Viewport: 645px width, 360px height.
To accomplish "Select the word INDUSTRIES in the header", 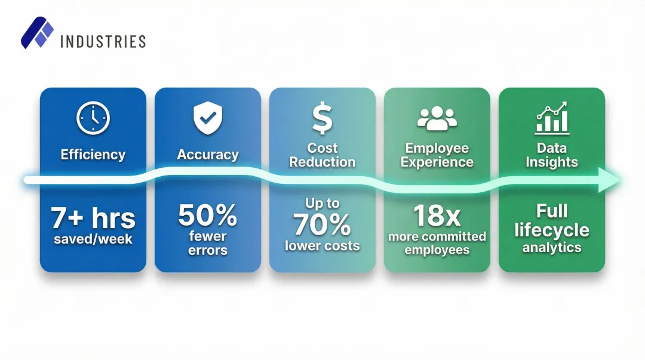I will [x=103, y=41].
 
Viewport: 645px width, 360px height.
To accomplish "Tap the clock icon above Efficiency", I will [x=93, y=118].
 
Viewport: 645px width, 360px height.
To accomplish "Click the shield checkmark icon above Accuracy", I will [x=208, y=118].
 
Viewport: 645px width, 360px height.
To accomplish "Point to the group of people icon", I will [x=437, y=118].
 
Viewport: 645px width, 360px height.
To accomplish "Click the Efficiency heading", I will [x=93, y=155].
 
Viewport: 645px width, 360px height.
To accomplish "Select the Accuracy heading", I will [x=208, y=155].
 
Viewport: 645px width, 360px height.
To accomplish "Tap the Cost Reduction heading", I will [x=322, y=155].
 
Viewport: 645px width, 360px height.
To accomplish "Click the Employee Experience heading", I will [x=437, y=155].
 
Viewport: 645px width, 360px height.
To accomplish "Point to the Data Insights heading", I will [x=552, y=155].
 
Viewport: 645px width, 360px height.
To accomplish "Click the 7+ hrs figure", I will [x=93, y=219].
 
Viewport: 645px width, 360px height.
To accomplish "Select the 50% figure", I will [x=208, y=216].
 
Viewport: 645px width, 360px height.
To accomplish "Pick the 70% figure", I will [x=322, y=225].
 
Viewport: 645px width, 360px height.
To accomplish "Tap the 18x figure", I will [x=437, y=216].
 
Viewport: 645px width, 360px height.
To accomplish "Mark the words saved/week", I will [x=93, y=239].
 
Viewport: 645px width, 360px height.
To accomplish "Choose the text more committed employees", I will [x=437, y=243].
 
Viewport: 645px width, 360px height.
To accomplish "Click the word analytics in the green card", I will [x=552, y=247].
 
